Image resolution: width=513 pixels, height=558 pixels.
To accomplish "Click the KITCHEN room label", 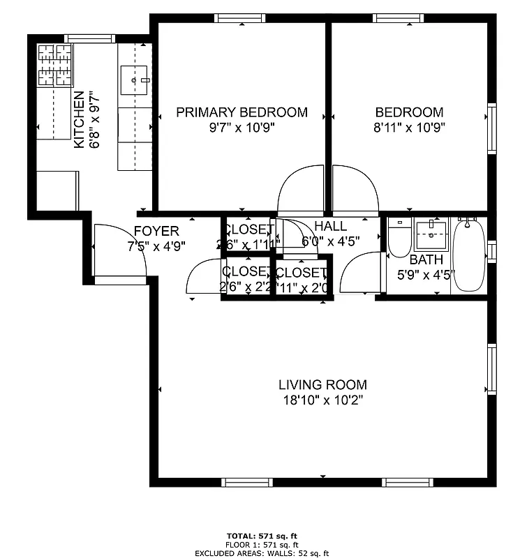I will click(x=79, y=119).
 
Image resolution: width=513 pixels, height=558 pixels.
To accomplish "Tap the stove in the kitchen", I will click(x=54, y=65).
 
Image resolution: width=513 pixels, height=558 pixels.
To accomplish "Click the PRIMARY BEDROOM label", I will click(x=241, y=112).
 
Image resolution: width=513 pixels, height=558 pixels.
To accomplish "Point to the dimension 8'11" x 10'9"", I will click(x=410, y=127).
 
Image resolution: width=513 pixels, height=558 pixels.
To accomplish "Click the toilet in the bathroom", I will click(x=399, y=240).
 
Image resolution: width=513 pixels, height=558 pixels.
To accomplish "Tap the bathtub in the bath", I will click(x=468, y=255).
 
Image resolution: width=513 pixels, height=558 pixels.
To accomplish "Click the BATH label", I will click(x=426, y=260).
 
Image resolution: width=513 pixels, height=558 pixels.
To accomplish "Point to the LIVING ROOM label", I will click(x=322, y=384).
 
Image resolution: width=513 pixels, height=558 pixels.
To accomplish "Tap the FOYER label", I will click(x=156, y=231).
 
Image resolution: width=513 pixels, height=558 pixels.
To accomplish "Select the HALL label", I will click(x=330, y=226).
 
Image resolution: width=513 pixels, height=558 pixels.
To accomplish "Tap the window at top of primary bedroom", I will click(x=241, y=18).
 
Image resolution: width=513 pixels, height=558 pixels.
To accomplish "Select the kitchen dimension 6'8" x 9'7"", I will click(x=94, y=119).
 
